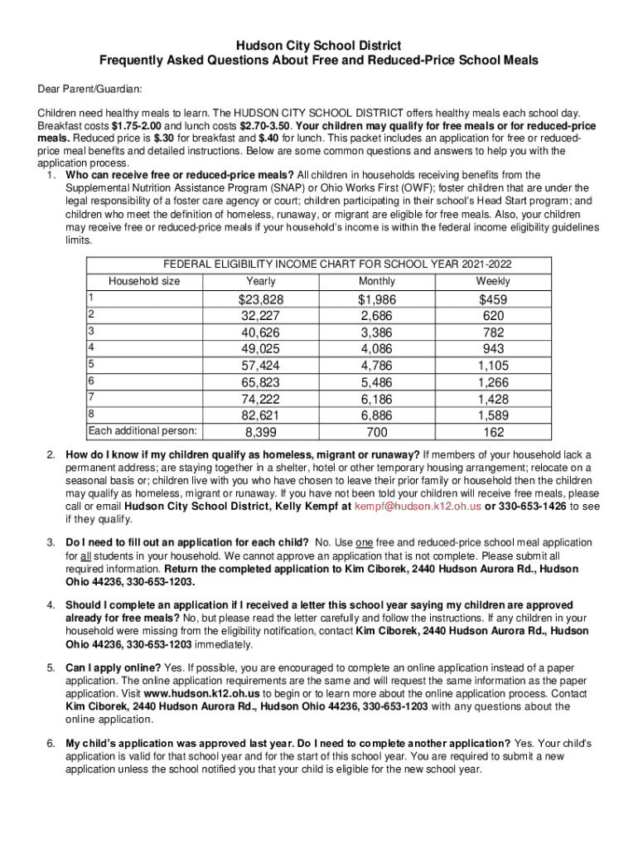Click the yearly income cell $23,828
point(262,299)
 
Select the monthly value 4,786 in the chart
point(377,366)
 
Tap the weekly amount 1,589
point(493,415)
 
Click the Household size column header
point(144,281)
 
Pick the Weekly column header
point(493,281)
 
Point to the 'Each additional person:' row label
point(143,430)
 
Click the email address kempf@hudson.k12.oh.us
point(407,505)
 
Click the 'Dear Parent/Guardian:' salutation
point(89,88)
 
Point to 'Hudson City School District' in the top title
point(319,46)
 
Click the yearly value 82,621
point(261,415)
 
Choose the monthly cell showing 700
point(377,432)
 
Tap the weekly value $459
point(493,299)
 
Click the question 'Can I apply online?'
point(114,667)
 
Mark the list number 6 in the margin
point(51,743)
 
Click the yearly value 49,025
point(261,349)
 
